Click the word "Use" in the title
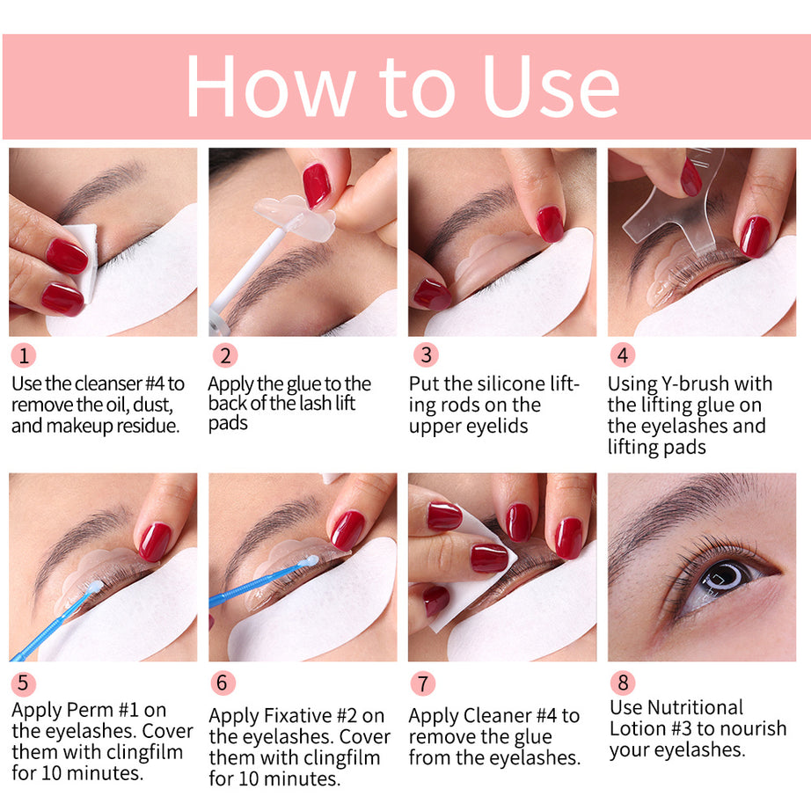(552, 86)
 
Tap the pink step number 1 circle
(24, 355)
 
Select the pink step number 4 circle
(623, 355)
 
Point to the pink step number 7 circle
(423, 683)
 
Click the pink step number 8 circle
(623, 683)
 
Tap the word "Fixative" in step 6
(301, 716)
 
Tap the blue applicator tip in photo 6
(308, 560)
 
